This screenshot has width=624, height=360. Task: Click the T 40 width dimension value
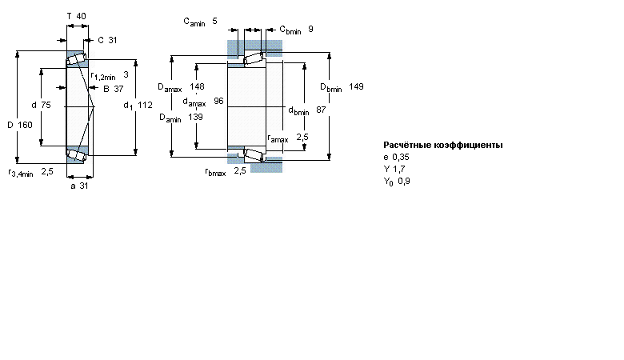(x=81, y=16)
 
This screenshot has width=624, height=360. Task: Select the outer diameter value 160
(x=25, y=125)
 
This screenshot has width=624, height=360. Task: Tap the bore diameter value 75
(x=46, y=105)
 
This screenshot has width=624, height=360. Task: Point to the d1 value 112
(x=146, y=105)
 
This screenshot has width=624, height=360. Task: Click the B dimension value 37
(x=118, y=89)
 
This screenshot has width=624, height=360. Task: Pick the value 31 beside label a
(x=83, y=186)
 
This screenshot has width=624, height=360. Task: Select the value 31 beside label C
(x=112, y=40)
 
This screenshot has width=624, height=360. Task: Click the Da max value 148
(x=197, y=86)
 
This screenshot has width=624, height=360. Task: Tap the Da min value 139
(x=195, y=117)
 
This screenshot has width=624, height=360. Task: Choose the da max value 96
(x=218, y=101)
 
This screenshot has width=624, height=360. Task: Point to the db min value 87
(x=321, y=110)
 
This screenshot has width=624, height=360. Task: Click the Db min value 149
(x=356, y=86)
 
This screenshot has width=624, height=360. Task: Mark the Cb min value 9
(x=311, y=29)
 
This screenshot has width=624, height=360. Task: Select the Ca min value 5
(x=214, y=21)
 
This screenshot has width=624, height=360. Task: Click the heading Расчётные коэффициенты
(x=443, y=145)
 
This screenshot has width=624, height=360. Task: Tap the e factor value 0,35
(x=401, y=157)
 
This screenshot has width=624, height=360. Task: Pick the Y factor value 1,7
(x=398, y=169)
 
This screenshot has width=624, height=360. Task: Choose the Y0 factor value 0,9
(x=404, y=182)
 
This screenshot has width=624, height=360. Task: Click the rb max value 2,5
(x=240, y=170)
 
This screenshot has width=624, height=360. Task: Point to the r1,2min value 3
(x=126, y=74)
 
